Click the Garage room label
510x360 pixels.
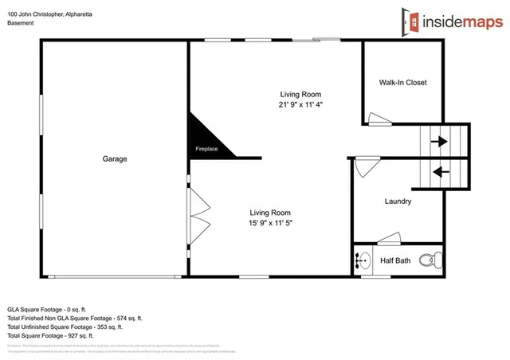[115, 158]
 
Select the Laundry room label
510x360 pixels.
[398, 202]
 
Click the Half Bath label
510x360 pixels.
[395, 260]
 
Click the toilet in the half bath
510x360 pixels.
[431, 259]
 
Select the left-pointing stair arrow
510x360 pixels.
[439, 170]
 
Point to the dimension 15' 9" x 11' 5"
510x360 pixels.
[271, 224]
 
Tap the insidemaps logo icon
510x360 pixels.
[410, 22]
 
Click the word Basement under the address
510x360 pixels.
[21, 23]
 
